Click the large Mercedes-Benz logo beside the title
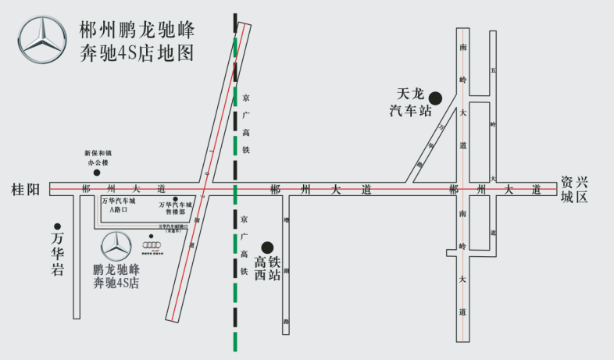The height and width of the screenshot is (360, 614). pyautogui.click(x=44, y=40)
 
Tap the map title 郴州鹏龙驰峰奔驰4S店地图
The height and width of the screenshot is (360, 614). pyautogui.click(x=137, y=42)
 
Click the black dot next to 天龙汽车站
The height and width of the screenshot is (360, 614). pyautogui.click(x=436, y=98)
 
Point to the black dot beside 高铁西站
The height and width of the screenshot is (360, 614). pyautogui.click(x=267, y=247)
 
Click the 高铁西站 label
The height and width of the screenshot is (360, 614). pyautogui.click(x=267, y=267)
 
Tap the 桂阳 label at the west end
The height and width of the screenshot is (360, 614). pyautogui.click(x=25, y=190)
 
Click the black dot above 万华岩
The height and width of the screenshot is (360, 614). pyautogui.click(x=57, y=226)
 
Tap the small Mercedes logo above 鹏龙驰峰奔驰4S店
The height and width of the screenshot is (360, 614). pyautogui.click(x=116, y=246)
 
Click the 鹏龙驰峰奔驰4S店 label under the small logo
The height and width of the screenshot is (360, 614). pyautogui.click(x=116, y=276)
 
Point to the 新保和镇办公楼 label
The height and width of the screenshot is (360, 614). pyautogui.click(x=98, y=158)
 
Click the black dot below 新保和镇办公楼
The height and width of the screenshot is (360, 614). pyautogui.click(x=97, y=172)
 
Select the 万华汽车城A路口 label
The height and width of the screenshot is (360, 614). pyautogui.click(x=118, y=205)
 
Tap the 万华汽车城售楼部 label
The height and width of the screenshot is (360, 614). pyautogui.click(x=176, y=209)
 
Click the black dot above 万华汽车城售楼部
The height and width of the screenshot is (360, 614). pyautogui.click(x=176, y=199)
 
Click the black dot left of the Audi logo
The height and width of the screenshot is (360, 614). pyautogui.click(x=151, y=235)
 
